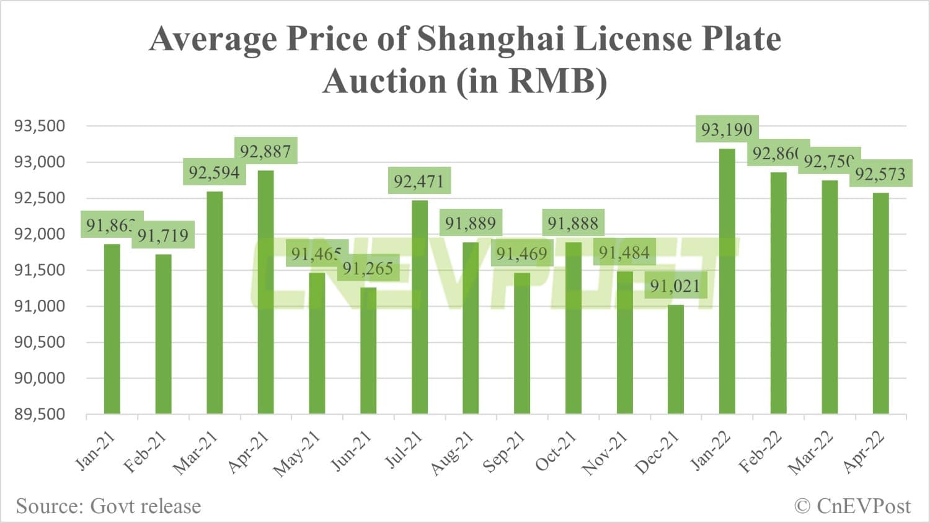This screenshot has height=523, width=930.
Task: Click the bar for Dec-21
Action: pyautogui.click(x=676, y=359)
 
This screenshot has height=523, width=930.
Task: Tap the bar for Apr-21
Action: pyautogui.click(x=265, y=292)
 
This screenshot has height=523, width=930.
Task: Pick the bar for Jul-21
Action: pyautogui.click(x=419, y=307)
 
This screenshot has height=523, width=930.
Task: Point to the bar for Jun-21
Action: pyautogui.click(x=368, y=350)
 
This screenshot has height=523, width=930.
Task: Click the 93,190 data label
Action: pyautogui.click(x=727, y=130)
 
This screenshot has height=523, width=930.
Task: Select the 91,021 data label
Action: pyautogui.click(x=675, y=286)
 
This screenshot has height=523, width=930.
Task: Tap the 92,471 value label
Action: pyautogui.click(x=419, y=182)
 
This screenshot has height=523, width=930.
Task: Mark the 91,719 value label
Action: pyautogui.click(x=163, y=235)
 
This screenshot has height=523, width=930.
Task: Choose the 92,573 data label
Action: pyautogui.click(x=880, y=175)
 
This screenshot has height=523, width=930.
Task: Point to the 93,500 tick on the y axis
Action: pyautogui.click(x=40, y=126)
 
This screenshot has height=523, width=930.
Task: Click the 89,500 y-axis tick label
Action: pyautogui.click(x=40, y=414)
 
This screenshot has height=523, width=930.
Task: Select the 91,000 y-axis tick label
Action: pyautogui.click(x=40, y=306)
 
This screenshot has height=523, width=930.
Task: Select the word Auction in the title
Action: pyautogui.click(x=384, y=81)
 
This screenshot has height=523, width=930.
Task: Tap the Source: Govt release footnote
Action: pyautogui.click(x=108, y=506)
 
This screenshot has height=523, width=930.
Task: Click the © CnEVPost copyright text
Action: pyautogui.click(x=852, y=506)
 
